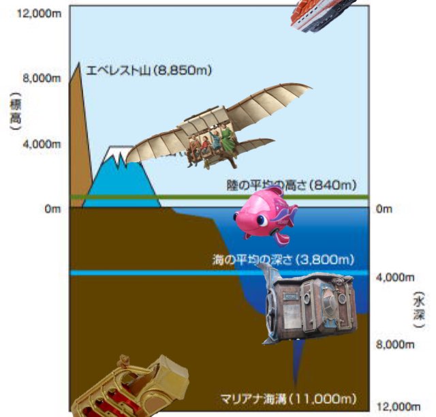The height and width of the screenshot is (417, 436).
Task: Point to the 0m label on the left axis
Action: click(x=53, y=209)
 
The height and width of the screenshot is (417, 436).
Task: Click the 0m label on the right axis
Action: click(x=384, y=209)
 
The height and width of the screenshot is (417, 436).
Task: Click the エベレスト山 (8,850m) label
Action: click(x=143, y=69)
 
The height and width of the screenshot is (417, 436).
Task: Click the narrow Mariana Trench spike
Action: click(x=296, y=368)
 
